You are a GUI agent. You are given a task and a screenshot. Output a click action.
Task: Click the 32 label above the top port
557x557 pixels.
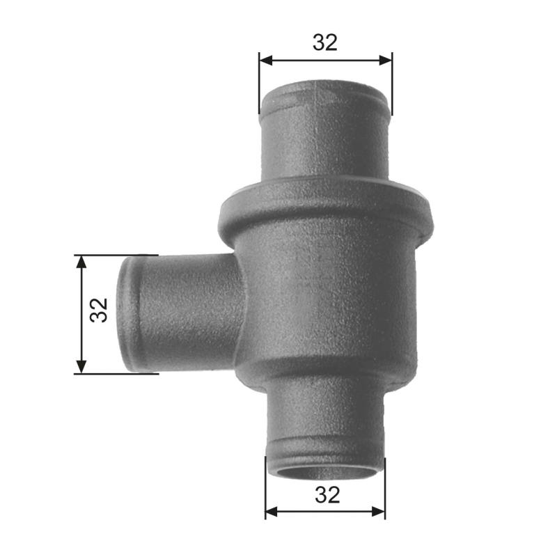324,42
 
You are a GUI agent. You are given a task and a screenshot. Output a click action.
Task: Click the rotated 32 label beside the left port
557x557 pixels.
99,310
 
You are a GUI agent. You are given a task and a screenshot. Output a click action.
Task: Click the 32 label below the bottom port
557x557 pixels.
327,495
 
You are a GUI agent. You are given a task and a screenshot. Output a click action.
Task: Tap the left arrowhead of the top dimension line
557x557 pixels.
266,61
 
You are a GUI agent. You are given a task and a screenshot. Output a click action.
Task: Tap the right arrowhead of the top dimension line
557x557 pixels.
386,61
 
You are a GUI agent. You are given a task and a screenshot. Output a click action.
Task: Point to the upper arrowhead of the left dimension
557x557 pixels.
81,262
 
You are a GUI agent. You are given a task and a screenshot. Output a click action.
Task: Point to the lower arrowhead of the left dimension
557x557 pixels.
81,367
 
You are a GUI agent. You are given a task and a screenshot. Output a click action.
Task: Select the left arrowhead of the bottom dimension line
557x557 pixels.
272,512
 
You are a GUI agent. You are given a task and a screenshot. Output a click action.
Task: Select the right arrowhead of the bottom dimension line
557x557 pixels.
379,512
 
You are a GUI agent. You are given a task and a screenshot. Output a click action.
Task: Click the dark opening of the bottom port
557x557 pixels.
325,473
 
